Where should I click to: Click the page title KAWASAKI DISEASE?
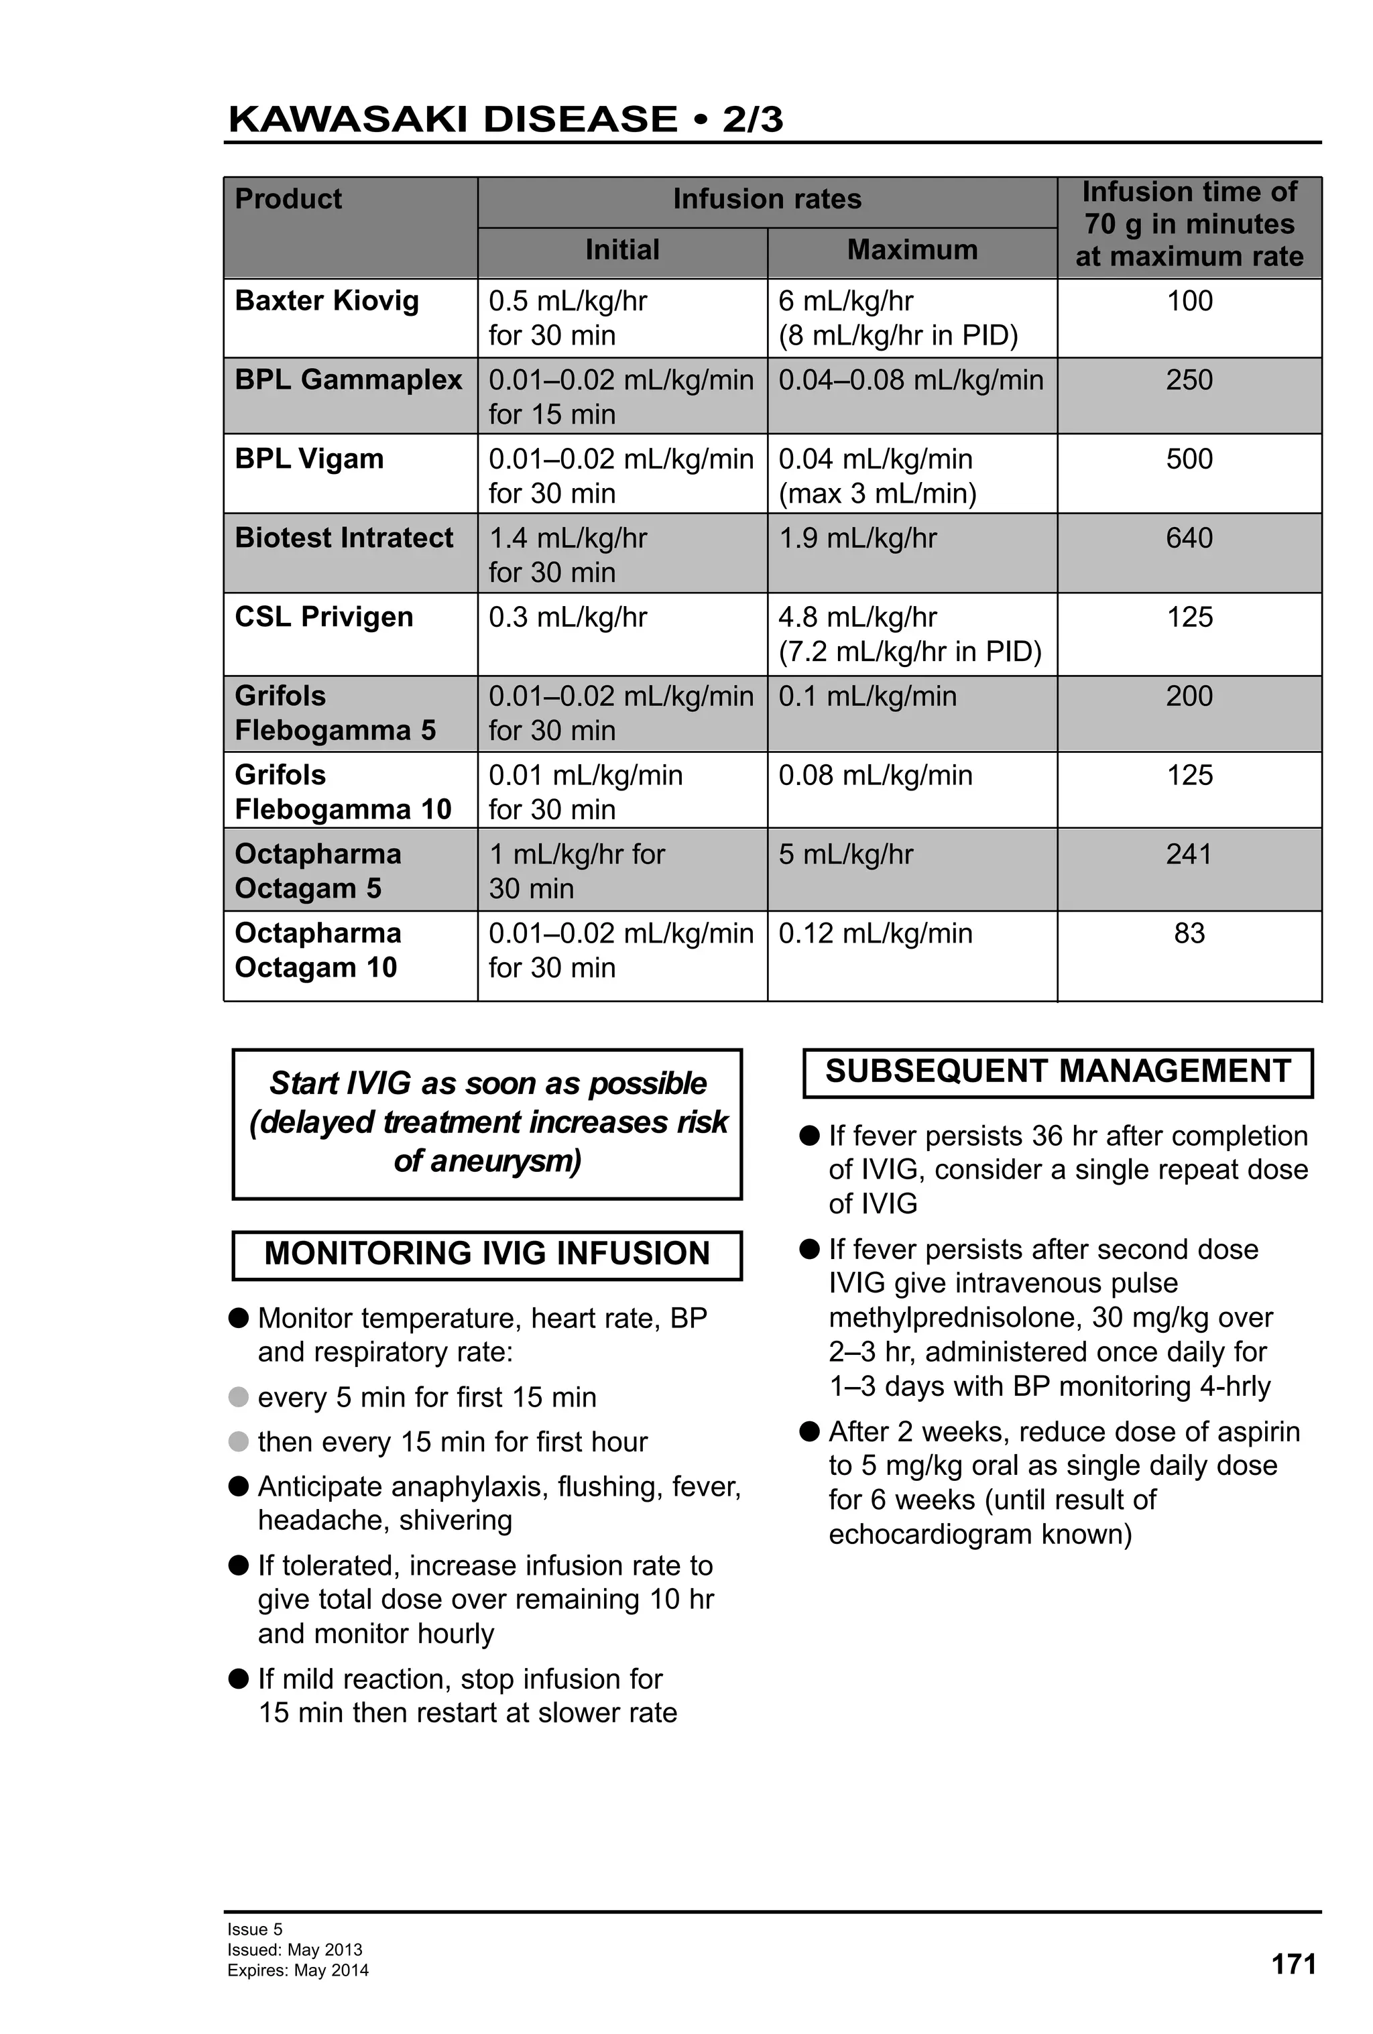pos(452,119)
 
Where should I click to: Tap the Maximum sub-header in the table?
pos(911,249)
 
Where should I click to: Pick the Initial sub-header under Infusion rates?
pos(621,249)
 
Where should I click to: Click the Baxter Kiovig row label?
pos(326,301)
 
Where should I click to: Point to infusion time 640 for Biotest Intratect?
pos(1189,538)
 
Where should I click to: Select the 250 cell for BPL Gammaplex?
pos(1189,380)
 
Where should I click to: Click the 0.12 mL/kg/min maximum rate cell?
pos(875,933)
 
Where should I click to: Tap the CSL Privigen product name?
pos(324,617)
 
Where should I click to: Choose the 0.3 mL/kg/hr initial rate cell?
pos(567,617)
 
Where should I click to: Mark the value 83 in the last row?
pos(1189,933)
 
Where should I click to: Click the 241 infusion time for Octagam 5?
pos(1189,853)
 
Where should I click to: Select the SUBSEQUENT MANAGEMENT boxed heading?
pos(1057,1071)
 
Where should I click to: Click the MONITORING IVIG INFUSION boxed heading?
pos(487,1253)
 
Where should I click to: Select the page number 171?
pos(1293,1964)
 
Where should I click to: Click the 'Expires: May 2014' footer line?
pos(298,1970)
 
